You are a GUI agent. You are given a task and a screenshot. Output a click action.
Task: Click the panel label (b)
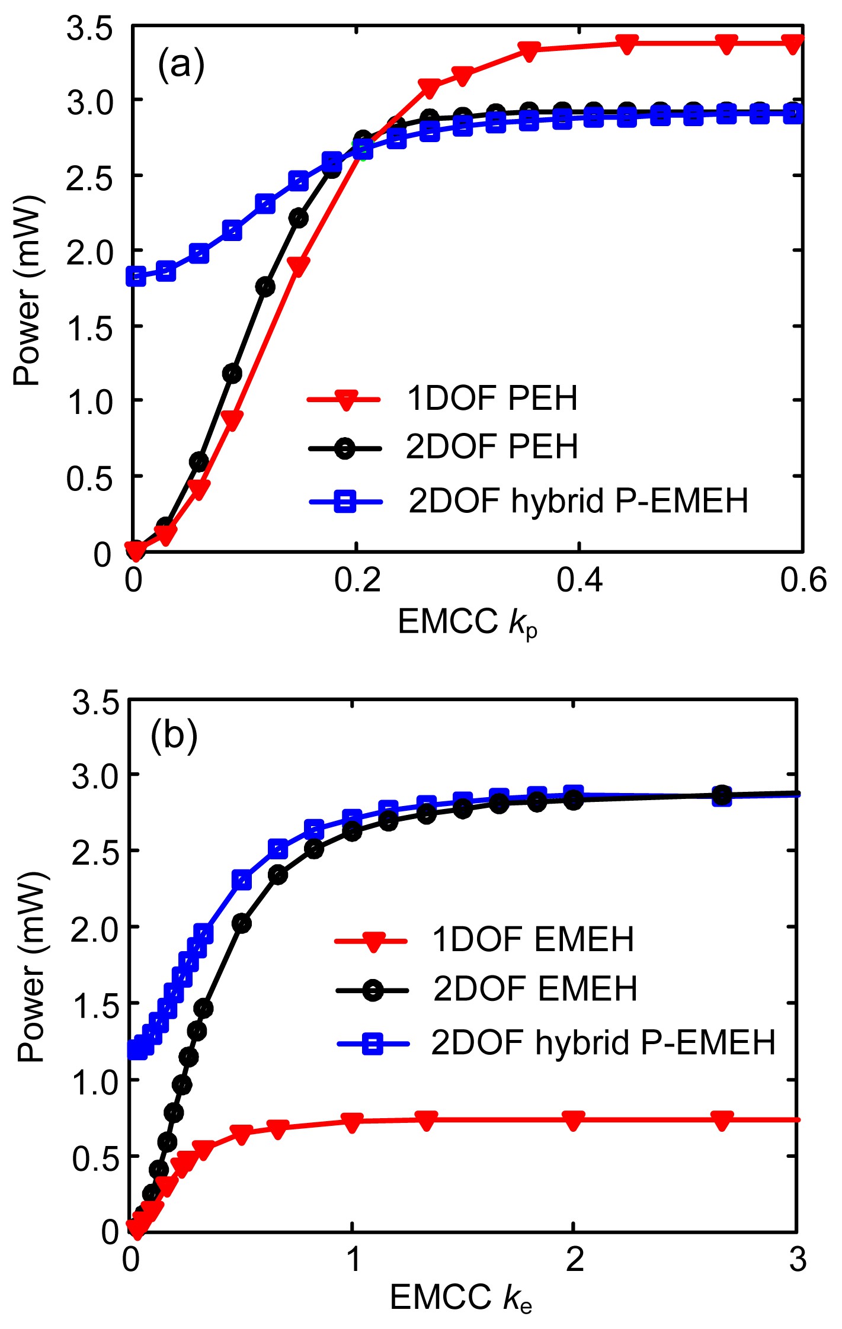(x=174, y=736)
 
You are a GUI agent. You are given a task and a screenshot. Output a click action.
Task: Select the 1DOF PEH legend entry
(x=491, y=398)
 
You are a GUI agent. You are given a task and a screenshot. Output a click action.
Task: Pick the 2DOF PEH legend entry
(x=491, y=447)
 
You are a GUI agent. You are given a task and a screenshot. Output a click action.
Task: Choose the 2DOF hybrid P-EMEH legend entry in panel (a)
(x=578, y=501)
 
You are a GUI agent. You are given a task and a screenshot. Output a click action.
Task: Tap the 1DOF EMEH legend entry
(x=533, y=939)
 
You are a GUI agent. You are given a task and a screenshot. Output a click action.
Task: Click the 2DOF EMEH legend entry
(x=534, y=988)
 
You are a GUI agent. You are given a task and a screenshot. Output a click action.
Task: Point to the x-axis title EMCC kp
(x=468, y=623)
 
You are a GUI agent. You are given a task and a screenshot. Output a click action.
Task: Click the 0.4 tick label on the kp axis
(x=579, y=580)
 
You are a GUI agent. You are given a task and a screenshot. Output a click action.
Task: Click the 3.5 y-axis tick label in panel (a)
(x=89, y=28)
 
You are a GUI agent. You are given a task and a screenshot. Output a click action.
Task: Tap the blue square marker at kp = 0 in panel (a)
(x=136, y=276)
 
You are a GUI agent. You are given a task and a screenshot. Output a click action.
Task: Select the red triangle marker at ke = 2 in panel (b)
(x=573, y=1119)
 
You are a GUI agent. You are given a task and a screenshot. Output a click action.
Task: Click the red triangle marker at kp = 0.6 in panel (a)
(x=793, y=43)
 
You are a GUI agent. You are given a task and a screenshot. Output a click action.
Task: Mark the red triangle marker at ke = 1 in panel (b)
(x=353, y=1122)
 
